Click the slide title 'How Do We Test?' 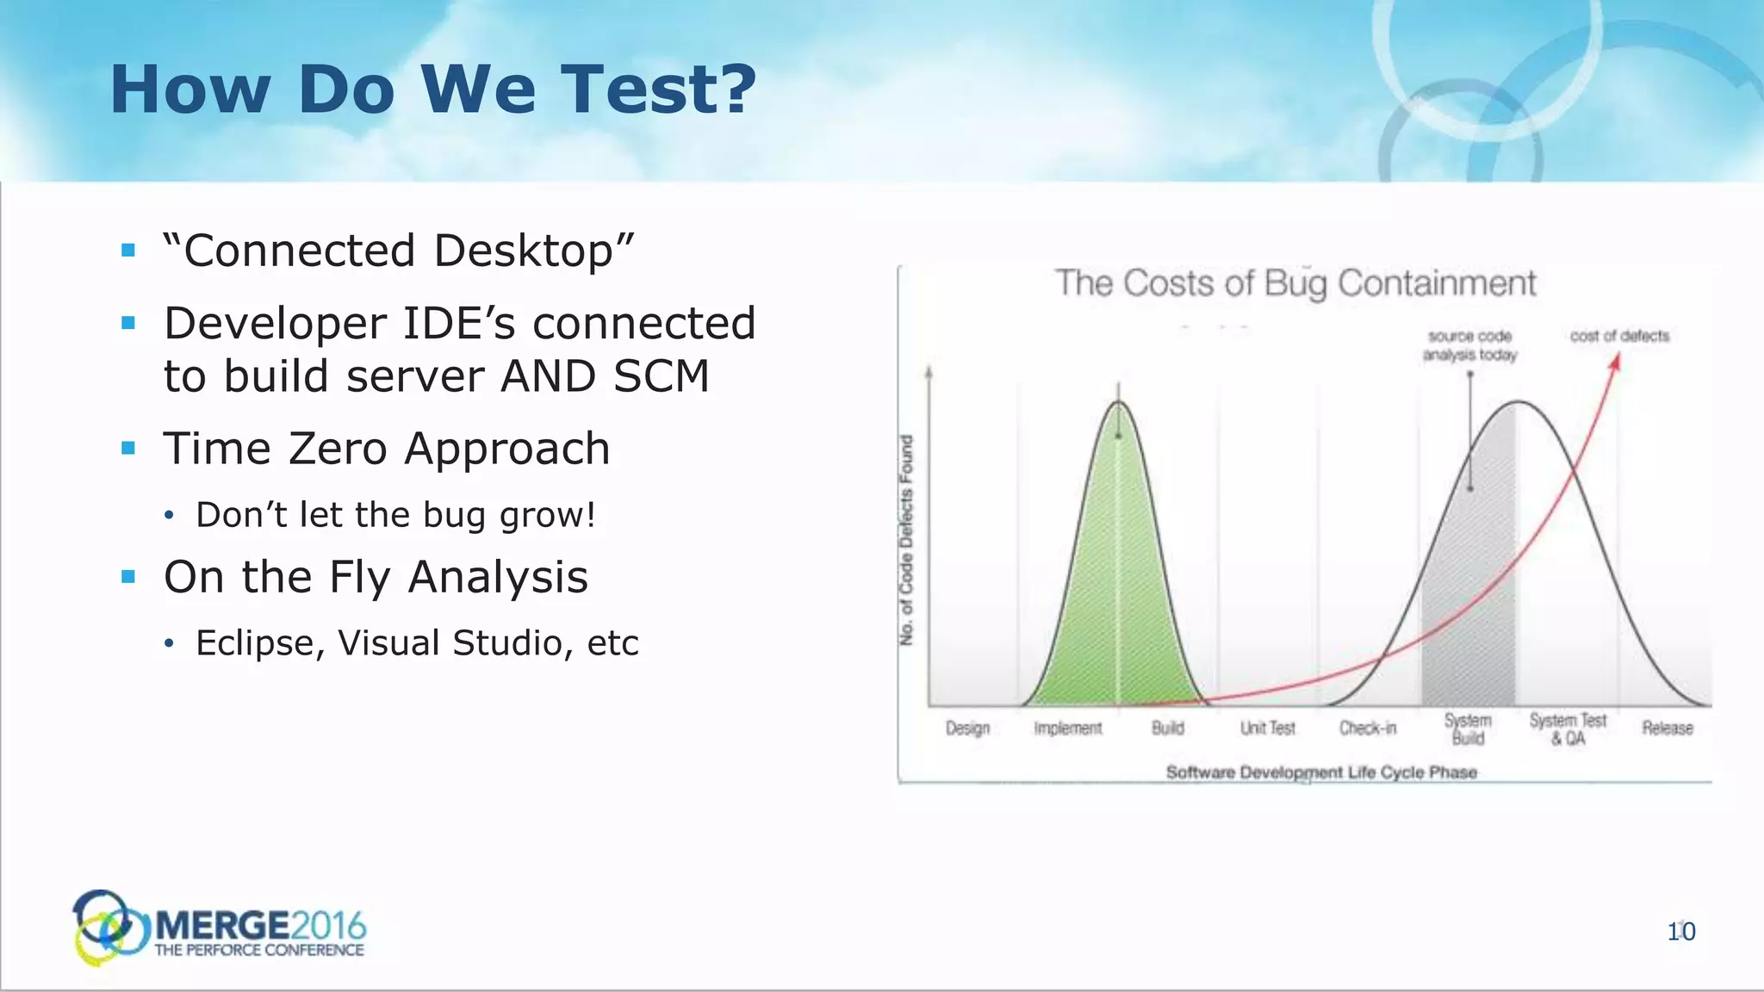[432, 90]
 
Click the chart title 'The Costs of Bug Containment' [1295, 283]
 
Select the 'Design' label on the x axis [967, 728]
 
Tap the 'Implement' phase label [1068, 728]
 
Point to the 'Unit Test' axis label [1267, 728]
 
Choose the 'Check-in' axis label [1368, 728]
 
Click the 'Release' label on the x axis [1667, 728]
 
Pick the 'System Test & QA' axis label [1568, 729]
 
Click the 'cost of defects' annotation [1619, 336]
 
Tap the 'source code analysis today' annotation [1469, 345]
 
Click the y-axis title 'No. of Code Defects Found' [906, 539]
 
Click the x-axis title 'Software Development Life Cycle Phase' [1321, 772]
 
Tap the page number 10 [1680, 932]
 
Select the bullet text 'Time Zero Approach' [387, 449]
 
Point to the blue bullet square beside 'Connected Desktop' [129, 251]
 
